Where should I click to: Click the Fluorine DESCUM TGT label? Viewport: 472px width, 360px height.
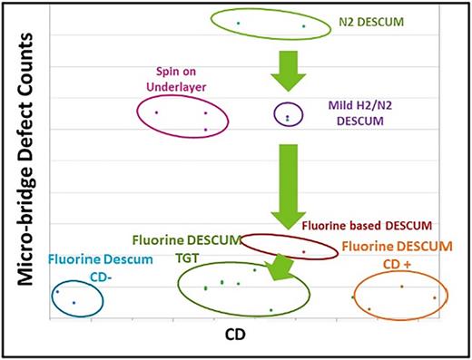[x=185, y=247]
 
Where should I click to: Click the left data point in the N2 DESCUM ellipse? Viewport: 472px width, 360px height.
[x=239, y=22]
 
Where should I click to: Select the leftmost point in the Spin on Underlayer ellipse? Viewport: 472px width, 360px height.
[x=156, y=112]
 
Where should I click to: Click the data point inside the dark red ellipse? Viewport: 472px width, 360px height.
[x=303, y=251]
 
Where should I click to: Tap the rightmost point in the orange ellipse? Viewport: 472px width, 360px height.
[x=435, y=297]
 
